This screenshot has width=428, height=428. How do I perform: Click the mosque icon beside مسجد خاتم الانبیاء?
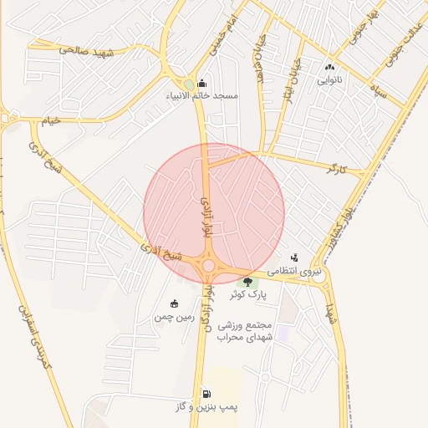tap(201, 84)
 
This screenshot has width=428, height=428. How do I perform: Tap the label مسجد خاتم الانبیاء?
tap(202, 96)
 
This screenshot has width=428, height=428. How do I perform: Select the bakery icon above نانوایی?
tap(329, 68)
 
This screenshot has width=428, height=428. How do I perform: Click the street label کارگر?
tap(337, 170)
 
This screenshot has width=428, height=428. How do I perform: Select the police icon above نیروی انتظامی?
tap(293, 257)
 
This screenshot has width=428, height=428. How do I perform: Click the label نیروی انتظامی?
tap(293, 272)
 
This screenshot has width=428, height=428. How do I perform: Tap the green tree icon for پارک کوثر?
tap(247, 281)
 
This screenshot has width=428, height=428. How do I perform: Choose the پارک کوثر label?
tap(247, 295)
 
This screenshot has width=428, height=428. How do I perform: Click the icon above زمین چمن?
tap(174, 303)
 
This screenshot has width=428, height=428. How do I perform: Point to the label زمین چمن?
tap(174, 318)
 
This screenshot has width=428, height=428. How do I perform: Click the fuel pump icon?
tap(206, 393)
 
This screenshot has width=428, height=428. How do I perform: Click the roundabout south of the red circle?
tap(208, 265)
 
